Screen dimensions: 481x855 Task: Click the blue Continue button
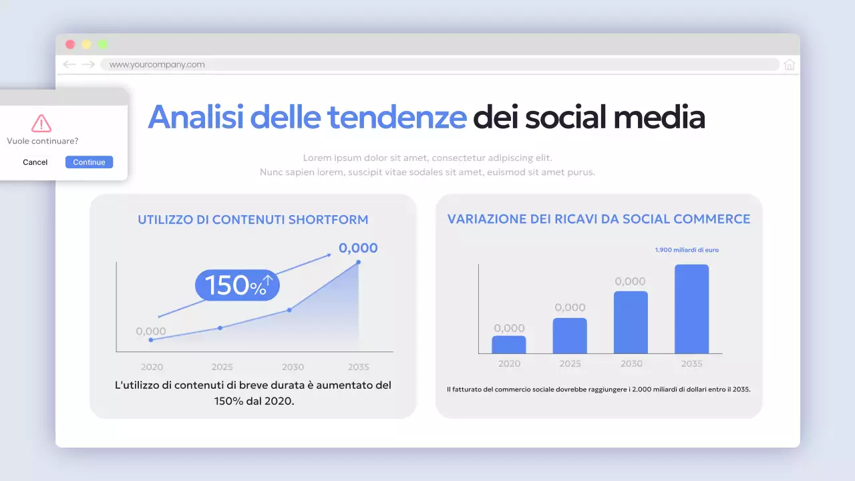point(89,162)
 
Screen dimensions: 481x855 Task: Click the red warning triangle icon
point(41,124)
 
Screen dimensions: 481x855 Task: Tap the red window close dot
point(70,45)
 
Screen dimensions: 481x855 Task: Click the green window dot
point(102,45)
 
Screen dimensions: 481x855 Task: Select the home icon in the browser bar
point(790,65)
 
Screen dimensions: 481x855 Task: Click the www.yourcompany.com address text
point(157,65)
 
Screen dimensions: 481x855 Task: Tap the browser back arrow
point(69,65)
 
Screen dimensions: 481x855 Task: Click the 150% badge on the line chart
point(237,285)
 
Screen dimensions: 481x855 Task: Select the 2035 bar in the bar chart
point(691,309)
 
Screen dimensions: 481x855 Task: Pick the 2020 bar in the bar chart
point(509,345)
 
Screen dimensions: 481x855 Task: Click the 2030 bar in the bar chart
point(631,322)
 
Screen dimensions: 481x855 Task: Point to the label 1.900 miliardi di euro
point(687,250)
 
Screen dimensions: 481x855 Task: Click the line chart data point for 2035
point(359,262)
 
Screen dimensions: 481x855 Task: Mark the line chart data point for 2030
point(289,310)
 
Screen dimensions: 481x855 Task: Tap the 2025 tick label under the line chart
point(222,367)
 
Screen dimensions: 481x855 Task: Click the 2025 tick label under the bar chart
point(570,363)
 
